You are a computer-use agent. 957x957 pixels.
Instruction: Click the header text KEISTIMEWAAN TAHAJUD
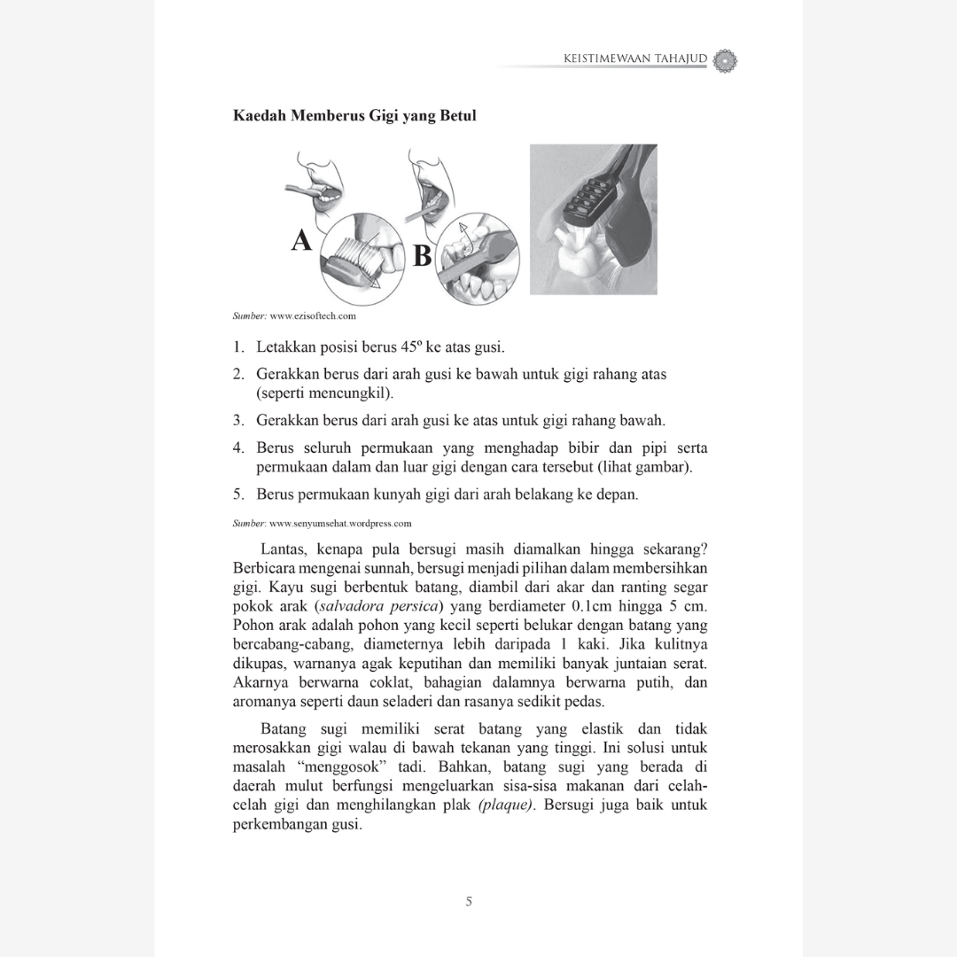634,59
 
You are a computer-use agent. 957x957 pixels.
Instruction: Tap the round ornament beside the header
725,60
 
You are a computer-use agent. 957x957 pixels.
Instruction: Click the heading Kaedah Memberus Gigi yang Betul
354,116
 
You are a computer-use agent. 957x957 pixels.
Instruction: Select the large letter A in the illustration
301,240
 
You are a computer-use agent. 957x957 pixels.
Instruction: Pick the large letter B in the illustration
423,255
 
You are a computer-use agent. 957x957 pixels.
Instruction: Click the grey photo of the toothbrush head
593,219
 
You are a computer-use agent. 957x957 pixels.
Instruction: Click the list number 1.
238,346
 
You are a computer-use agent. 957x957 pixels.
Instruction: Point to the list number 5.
238,494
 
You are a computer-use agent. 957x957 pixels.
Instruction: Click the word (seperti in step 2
283,393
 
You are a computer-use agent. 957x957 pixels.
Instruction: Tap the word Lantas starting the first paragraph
284,549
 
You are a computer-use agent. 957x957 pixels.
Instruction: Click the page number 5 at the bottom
470,902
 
